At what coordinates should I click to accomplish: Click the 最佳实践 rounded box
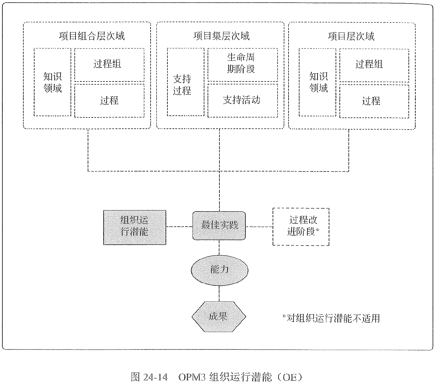(219, 226)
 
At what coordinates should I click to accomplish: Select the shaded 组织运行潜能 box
(135, 227)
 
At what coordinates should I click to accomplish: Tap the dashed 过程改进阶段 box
(301, 227)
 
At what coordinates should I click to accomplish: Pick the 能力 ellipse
(219, 270)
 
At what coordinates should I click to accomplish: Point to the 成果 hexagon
(219, 316)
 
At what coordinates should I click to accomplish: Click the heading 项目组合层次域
(92, 36)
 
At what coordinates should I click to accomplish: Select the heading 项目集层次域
(221, 36)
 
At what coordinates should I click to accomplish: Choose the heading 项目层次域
(351, 36)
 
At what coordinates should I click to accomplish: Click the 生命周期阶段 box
(242, 64)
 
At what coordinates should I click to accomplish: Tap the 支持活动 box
(242, 100)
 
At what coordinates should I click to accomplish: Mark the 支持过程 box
(185, 82)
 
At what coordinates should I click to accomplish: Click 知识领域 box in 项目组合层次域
(52, 82)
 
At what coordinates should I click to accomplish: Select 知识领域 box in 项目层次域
(317, 82)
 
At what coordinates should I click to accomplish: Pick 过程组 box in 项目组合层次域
(109, 64)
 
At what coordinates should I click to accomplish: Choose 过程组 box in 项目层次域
(374, 64)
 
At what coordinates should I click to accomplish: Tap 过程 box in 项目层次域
(374, 101)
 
